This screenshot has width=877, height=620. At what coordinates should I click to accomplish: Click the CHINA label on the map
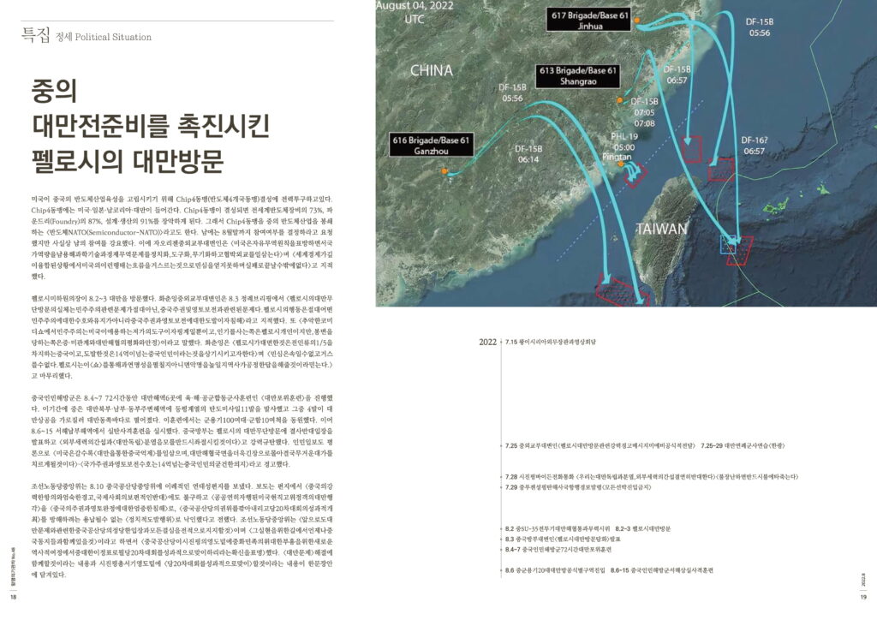pos(431,70)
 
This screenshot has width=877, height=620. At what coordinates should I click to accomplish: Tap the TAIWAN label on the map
pos(661,229)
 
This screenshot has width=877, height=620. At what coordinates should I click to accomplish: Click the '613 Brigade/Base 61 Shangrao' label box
pos(576,75)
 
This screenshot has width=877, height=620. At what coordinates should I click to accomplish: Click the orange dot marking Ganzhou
pos(444,172)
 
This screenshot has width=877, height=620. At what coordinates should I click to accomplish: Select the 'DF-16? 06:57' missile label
pos(755,145)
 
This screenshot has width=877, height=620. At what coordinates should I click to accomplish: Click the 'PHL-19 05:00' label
pos(623,141)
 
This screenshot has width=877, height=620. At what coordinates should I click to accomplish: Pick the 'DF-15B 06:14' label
pos(528,153)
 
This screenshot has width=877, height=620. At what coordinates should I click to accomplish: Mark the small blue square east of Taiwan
pos(729,247)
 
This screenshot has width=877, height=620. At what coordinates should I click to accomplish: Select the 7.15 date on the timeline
pos(514,342)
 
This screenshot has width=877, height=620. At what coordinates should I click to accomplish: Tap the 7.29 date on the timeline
pos(514,487)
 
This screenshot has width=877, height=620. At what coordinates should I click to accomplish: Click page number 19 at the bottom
pos(864,598)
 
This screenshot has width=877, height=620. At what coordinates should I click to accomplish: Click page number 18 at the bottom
pos(13,598)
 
